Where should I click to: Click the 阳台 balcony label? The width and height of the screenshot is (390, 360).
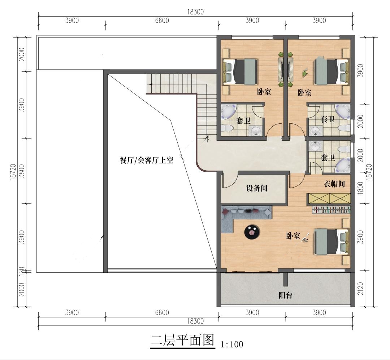[285, 295]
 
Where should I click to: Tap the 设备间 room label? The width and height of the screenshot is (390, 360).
[257, 188]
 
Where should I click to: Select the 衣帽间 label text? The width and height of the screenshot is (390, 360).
[334, 184]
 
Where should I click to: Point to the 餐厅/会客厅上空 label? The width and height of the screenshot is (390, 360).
[147, 160]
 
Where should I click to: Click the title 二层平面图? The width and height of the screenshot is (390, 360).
[183, 340]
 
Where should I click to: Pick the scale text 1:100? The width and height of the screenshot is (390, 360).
[232, 344]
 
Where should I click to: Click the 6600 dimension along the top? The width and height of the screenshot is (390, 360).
[162, 20]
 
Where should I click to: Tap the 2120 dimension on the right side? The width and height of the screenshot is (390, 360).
[360, 289]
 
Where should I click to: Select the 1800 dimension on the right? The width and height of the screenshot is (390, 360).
[360, 188]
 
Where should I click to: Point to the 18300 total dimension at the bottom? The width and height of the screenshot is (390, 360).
[195, 321]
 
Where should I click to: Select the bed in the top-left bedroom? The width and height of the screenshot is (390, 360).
[240, 71]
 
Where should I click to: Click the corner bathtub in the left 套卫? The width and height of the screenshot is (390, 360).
[228, 112]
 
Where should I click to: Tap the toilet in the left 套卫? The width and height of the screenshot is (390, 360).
[228, 128]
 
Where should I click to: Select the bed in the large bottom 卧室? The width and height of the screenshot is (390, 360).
[332, 241]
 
